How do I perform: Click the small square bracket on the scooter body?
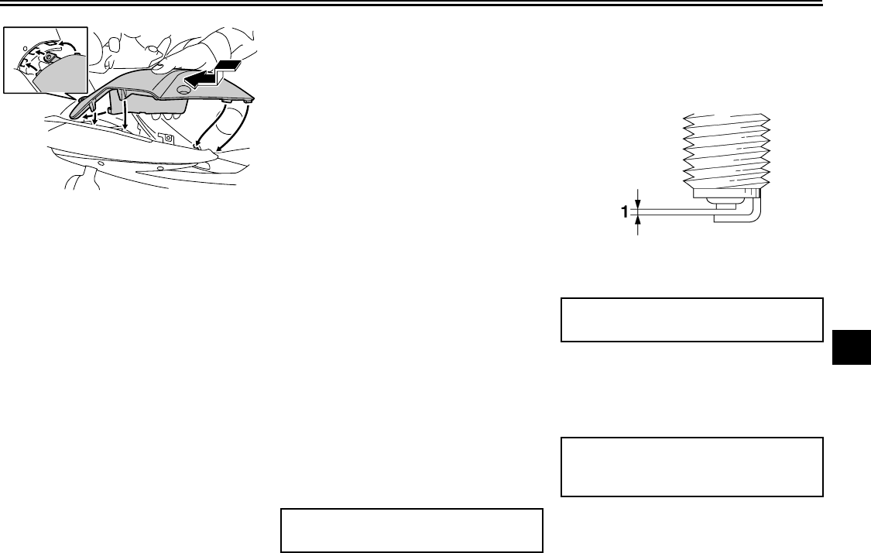click(x=163, y=137)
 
